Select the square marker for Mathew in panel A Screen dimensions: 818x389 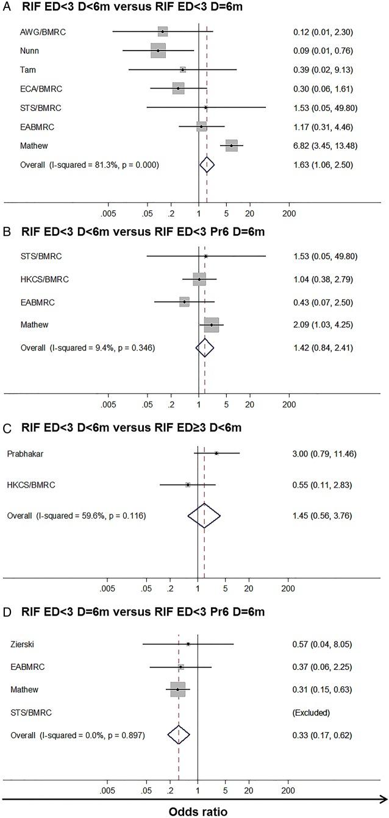pos(231,146)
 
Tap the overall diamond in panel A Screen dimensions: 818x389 pos(207,165)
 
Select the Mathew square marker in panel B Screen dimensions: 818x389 pos(211,325)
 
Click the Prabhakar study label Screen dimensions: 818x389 pos(25,453)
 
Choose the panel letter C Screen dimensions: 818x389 pos(6,428)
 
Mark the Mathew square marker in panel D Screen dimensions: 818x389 pos(177,690)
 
